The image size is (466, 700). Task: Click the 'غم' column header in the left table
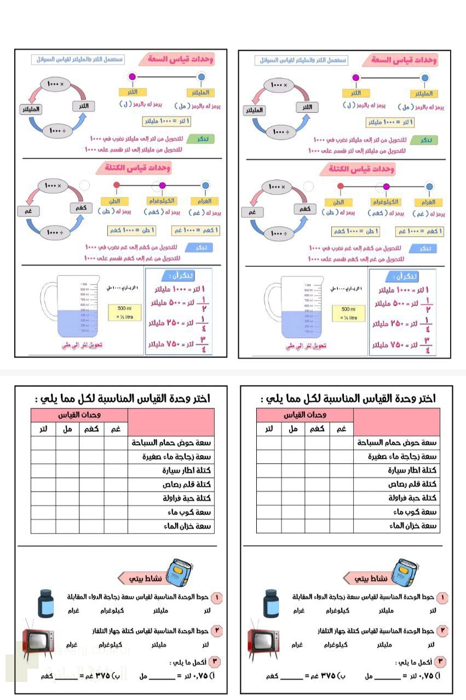(x=116, y=429)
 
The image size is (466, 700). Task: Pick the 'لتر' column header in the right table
(x=269, y=429)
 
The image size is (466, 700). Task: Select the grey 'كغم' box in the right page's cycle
(x=305, y=208)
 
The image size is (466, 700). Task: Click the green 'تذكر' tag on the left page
(x=200, y=139)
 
